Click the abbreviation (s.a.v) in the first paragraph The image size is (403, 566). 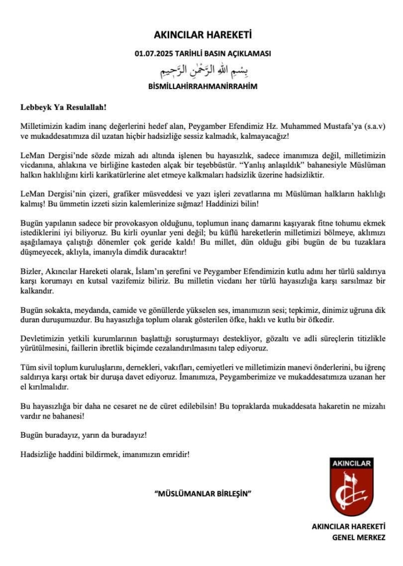coord(375,127)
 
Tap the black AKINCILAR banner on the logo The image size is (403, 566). coord(352,463)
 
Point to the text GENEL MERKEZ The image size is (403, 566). coord(359,537)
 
